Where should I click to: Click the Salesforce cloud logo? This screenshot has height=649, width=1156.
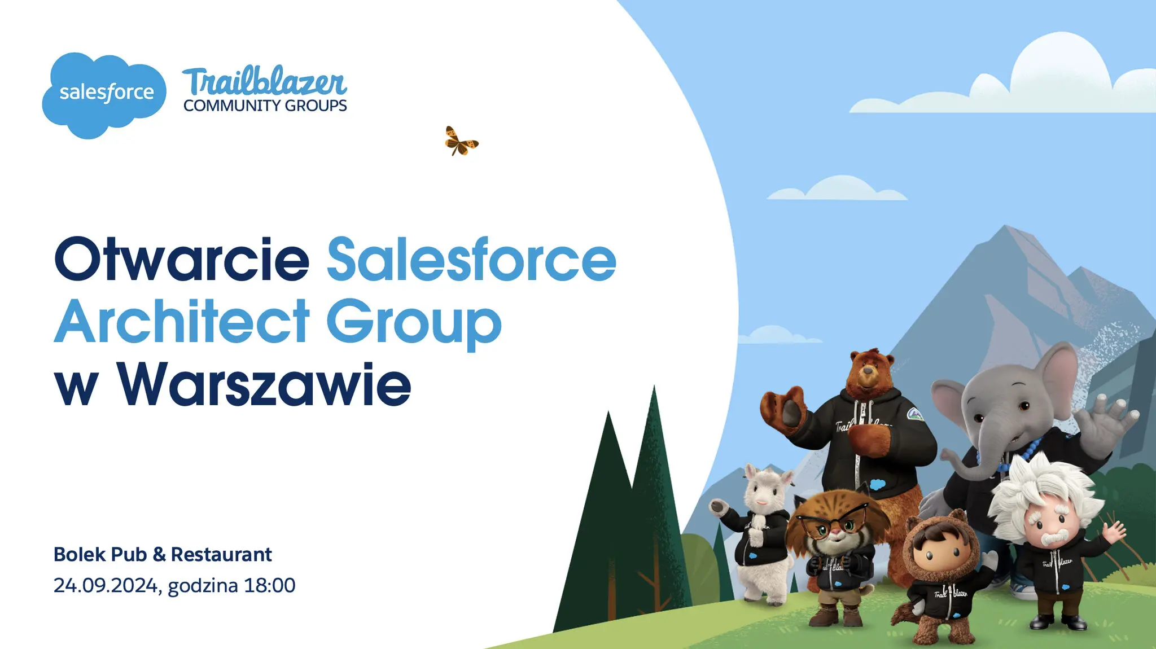(x=104, y=95)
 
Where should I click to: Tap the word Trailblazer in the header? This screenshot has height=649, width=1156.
(x=264, y=82)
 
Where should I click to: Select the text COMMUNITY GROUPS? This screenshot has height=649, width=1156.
(x=265, y=106)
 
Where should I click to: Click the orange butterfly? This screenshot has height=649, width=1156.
(x=461, y=141)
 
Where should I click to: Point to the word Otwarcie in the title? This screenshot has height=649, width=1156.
(x=182, y=259)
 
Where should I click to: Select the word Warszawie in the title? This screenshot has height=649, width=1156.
(x=264, y=384)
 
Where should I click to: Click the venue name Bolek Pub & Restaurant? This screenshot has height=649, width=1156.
(x=163, y=554)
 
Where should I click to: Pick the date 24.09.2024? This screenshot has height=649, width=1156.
(x=106, y=586)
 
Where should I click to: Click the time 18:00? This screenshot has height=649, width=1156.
(x=270, y=585)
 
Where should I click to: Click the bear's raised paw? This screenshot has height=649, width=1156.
(x=785, y=406)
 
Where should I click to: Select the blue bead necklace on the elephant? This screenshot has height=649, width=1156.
(x=1013, y=454)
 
